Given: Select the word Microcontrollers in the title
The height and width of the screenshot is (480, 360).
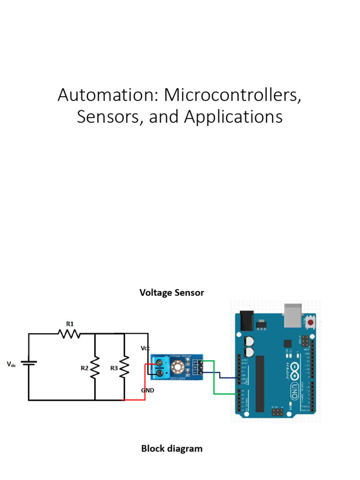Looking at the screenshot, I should (232, 95).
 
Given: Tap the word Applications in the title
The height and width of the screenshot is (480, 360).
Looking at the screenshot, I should (233, 117).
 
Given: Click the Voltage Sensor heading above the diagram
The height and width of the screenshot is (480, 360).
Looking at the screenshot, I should (172, 292).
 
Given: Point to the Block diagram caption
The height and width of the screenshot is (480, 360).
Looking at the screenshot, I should (172, 449).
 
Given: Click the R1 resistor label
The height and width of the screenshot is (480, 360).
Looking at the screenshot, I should (70, 323).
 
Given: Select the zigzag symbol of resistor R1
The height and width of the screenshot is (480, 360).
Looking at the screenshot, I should (69, 334).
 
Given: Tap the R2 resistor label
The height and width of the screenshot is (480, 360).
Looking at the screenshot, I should (84, 368).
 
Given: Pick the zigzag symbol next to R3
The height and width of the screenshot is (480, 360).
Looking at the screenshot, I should (125, 367).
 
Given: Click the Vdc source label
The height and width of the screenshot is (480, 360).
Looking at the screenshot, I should (11, 364).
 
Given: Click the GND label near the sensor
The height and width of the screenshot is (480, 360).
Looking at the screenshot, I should (148, 390).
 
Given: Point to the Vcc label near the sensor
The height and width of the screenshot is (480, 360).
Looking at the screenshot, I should (145, 348).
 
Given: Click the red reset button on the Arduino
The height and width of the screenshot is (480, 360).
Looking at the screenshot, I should (311, 322).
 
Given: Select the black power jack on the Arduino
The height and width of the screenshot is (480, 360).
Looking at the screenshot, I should (246, 321).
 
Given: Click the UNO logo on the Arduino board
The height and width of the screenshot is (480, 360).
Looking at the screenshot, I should (293, 384).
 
